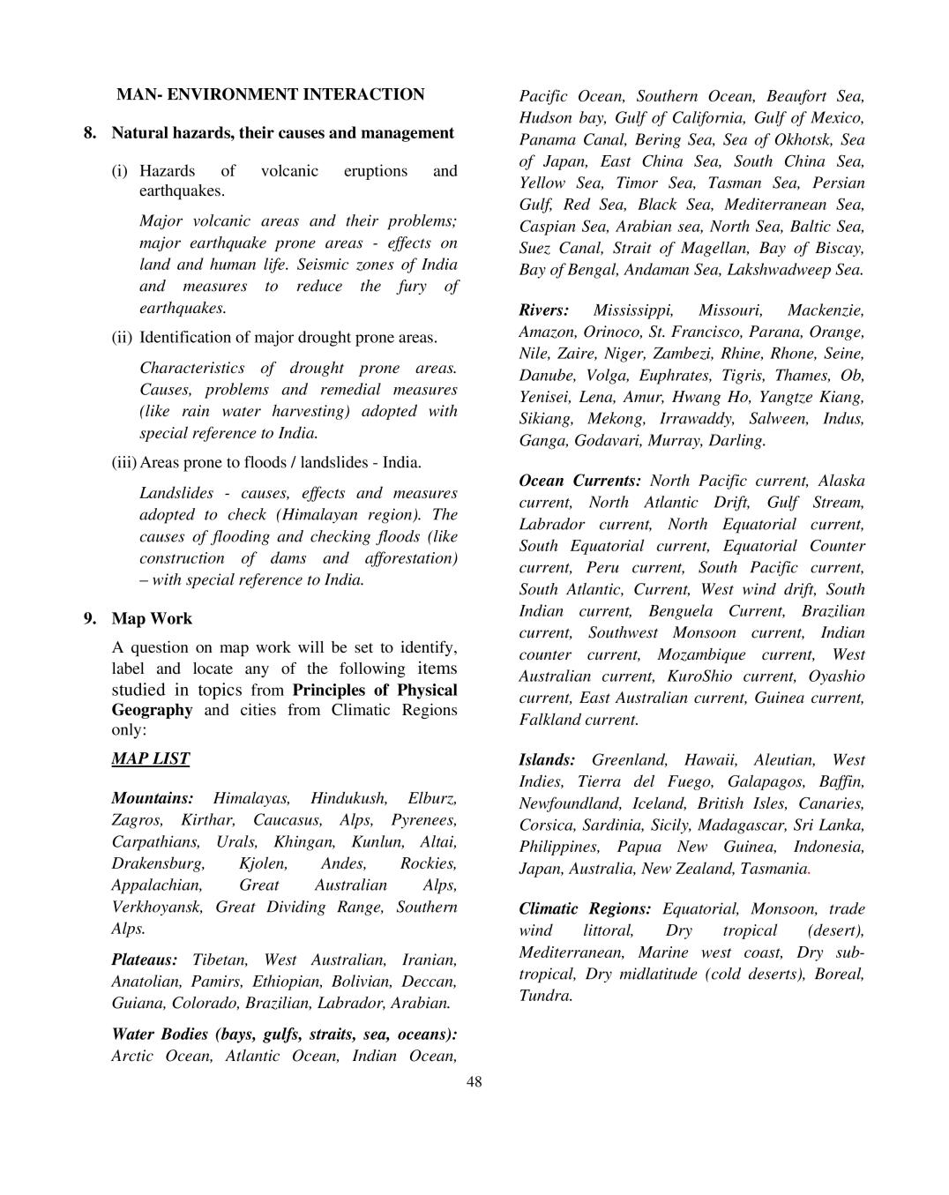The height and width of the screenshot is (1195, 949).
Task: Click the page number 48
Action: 474,1082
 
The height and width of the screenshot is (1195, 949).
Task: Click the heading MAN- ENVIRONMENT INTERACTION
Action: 270,94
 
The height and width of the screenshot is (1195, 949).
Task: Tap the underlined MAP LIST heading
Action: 150,758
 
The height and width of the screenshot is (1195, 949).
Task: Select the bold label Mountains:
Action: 153,798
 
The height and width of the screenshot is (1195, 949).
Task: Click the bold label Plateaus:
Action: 144,960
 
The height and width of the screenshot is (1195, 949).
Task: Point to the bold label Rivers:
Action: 543,310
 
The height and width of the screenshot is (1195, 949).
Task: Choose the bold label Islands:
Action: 547,760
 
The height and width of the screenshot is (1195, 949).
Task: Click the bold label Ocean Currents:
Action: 579,482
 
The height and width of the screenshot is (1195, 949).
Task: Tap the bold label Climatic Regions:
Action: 585,909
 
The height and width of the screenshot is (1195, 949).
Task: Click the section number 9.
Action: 90,618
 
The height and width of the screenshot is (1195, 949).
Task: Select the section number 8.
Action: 90,133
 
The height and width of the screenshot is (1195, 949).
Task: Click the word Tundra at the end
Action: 545,996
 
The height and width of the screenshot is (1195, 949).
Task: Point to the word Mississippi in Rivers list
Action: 633,310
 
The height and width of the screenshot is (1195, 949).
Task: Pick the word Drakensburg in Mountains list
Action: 157,863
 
